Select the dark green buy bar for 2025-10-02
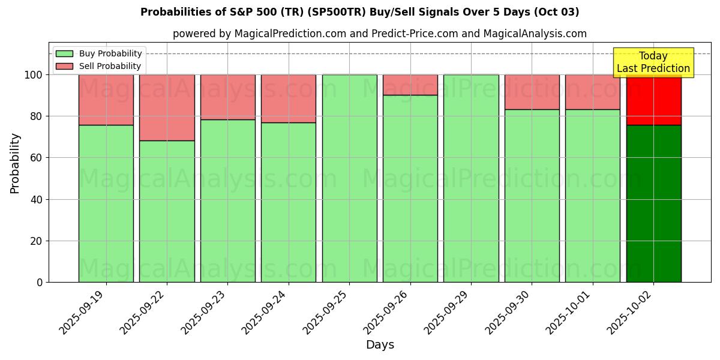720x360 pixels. tap(653, 204)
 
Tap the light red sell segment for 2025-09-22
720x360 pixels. tap(167, 108)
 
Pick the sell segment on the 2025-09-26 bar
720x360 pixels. tap(410, 85)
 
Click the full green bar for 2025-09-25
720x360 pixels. tap(349, 178)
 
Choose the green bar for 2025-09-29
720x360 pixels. tap(471, 178)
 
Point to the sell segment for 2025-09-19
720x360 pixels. tap(106, 100)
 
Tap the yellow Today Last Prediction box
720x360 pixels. tap(653, 62)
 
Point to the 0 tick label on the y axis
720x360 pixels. tap(40, 283)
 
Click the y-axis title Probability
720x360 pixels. tap(15, 163)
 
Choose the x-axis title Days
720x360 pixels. tap(380, 345)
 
